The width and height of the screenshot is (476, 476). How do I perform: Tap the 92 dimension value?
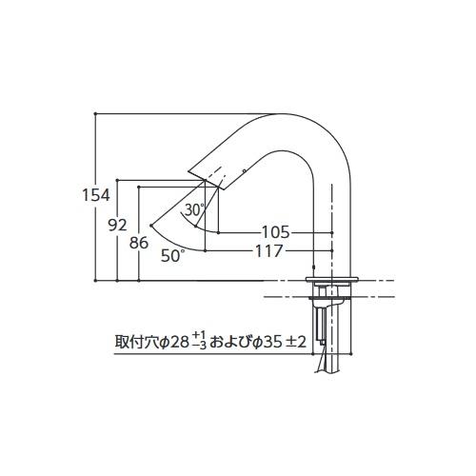click(x=117, y=226)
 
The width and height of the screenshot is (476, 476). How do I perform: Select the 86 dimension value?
click(x=139, y=242)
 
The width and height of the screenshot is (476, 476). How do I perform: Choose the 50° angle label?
click(x=172, y=255)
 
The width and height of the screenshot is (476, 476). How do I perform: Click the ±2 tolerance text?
click(x=296, y=341)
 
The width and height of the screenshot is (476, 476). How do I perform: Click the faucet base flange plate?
click(x=332, y=278)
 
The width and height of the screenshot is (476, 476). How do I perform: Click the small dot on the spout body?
click(x=245, y=170)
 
